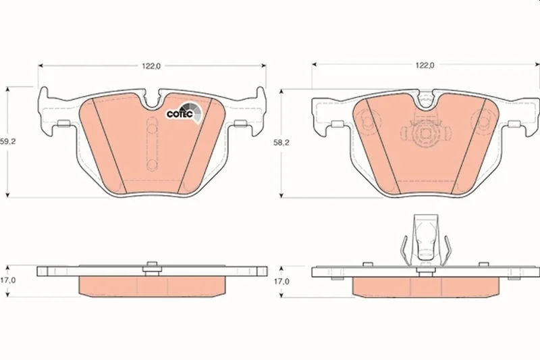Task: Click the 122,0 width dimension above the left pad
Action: tap(151, 66)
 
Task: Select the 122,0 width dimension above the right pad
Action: tap(425, 65)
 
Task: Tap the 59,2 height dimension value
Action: tap(7, 142)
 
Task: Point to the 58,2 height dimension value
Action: tap(281, 143)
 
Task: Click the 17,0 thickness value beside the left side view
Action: tap(7, 280)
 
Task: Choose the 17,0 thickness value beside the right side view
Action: tap(281, 282)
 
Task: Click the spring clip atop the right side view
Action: tap(426, 240)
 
